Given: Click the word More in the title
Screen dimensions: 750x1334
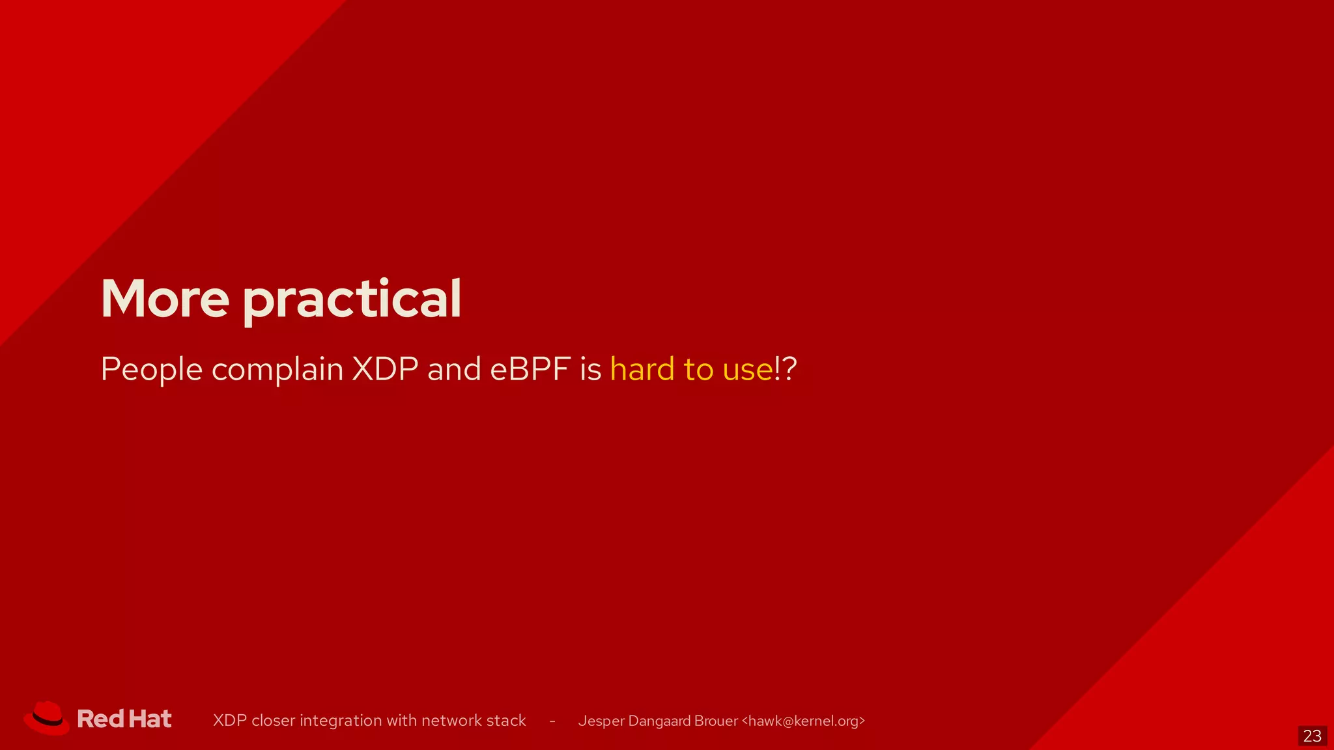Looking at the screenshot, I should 165,299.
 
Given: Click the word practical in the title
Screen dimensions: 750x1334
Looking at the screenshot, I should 352,300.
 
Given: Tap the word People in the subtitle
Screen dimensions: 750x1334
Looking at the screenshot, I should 152,370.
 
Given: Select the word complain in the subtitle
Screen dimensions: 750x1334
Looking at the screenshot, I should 277,370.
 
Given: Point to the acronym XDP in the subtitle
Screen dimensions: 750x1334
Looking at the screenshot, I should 385,369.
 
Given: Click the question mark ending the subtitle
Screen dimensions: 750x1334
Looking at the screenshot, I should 789,369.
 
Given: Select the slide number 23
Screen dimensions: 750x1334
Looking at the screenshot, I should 1312,736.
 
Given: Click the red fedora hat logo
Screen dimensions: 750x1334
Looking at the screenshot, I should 47,718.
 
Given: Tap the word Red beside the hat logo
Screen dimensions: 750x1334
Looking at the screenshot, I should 100,719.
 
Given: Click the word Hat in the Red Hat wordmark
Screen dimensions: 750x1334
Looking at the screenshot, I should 150,719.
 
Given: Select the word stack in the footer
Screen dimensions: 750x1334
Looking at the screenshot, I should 506,721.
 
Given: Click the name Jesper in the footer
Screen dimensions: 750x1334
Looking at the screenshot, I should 601,721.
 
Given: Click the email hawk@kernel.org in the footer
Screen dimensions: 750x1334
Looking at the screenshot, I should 803,721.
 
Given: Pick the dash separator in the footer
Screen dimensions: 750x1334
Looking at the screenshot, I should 552,721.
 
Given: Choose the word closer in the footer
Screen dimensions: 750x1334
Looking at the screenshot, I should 273,721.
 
